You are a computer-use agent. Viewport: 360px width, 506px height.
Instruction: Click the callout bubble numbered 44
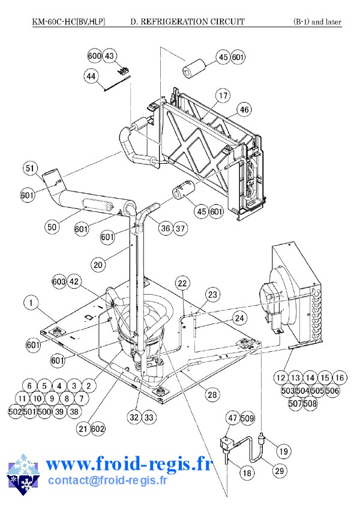(x=91, y=77)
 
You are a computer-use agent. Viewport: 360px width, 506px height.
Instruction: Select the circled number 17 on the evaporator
(x=223, y=96)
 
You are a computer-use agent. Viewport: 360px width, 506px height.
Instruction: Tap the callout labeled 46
(x=244, y=110)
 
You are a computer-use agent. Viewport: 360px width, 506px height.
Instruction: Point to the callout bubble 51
(x=31, y=169)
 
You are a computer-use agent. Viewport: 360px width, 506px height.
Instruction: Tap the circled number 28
(x=212, y=394)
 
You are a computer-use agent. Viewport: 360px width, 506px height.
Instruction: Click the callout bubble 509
(x=247, y=418)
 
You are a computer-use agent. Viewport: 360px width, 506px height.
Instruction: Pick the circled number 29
(x=278, y=472)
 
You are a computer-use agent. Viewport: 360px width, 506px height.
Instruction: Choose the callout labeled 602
(x=98, y=428)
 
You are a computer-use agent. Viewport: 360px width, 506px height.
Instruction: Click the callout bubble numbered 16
(x=339, y=378)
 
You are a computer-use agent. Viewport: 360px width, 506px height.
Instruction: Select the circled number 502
(x=16, y=412)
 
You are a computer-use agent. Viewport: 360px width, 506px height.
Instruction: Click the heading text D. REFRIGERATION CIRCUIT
(x=187, y=22)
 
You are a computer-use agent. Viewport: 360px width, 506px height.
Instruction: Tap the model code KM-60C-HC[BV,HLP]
(x=68, y=22)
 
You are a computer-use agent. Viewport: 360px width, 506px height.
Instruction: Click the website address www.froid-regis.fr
(x=129, y=464)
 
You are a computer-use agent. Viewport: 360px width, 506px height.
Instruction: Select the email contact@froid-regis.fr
(x=107, y=480)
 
